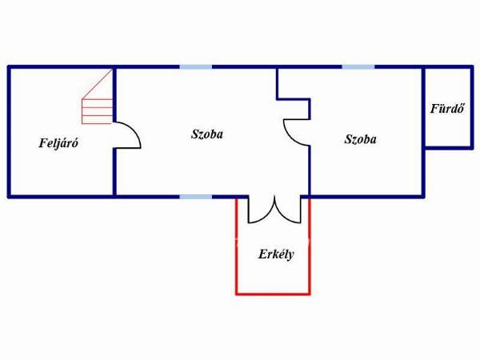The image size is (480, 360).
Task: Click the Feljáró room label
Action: pos(58,143)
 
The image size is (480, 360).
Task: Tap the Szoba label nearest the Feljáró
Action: pos(207,134)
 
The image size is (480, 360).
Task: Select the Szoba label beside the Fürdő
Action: pos(360,139)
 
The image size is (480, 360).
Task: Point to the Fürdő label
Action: pos(447,109)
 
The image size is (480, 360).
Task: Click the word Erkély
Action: pos(276,254)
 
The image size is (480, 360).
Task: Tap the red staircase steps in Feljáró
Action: pos(98,111)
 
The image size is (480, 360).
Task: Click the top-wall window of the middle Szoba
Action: pos(196,66)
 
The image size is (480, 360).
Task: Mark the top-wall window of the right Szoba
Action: pos(358,66)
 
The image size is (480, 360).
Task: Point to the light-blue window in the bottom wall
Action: pos(196,197)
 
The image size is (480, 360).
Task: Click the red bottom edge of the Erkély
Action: pos(273,294)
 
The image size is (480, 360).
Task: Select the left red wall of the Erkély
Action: pos(237,246)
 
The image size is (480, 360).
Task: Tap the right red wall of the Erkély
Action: pos(310,246)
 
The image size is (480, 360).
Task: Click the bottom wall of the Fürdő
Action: pos(448,148)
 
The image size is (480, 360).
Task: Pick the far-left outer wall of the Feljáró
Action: pos(9,132)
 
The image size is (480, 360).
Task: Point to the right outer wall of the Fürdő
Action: pos(472,107)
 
